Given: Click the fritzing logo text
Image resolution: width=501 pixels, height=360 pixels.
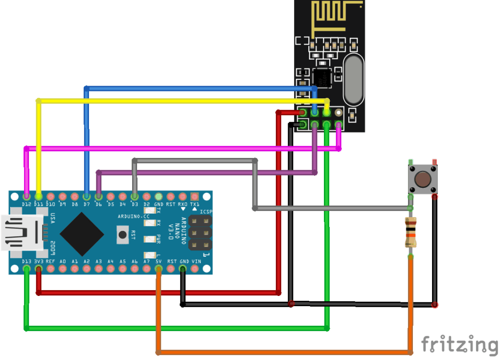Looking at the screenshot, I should (x=459, y=344).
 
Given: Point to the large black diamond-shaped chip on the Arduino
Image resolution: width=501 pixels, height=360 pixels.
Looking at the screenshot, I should (x=82, y=234).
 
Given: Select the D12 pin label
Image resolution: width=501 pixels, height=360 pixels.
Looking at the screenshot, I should (x=26, y=203).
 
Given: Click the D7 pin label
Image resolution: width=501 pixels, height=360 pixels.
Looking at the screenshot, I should (x=87, y=203).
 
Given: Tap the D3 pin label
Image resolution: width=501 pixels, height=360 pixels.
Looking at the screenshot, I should (x=135, y=203).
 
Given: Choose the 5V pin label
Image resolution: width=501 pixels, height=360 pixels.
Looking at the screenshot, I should (x=159, y=262).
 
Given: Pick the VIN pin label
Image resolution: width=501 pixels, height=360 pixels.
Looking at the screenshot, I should (x=195, y=262).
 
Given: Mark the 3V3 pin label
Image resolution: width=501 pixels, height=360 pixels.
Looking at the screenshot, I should (x=39, y=262).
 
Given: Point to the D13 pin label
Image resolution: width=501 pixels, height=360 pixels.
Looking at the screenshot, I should (x=26, y=262).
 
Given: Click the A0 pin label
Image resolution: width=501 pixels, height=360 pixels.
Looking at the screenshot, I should (x=63, y=262).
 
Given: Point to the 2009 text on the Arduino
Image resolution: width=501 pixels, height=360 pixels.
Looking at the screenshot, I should (x=52, y=248).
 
